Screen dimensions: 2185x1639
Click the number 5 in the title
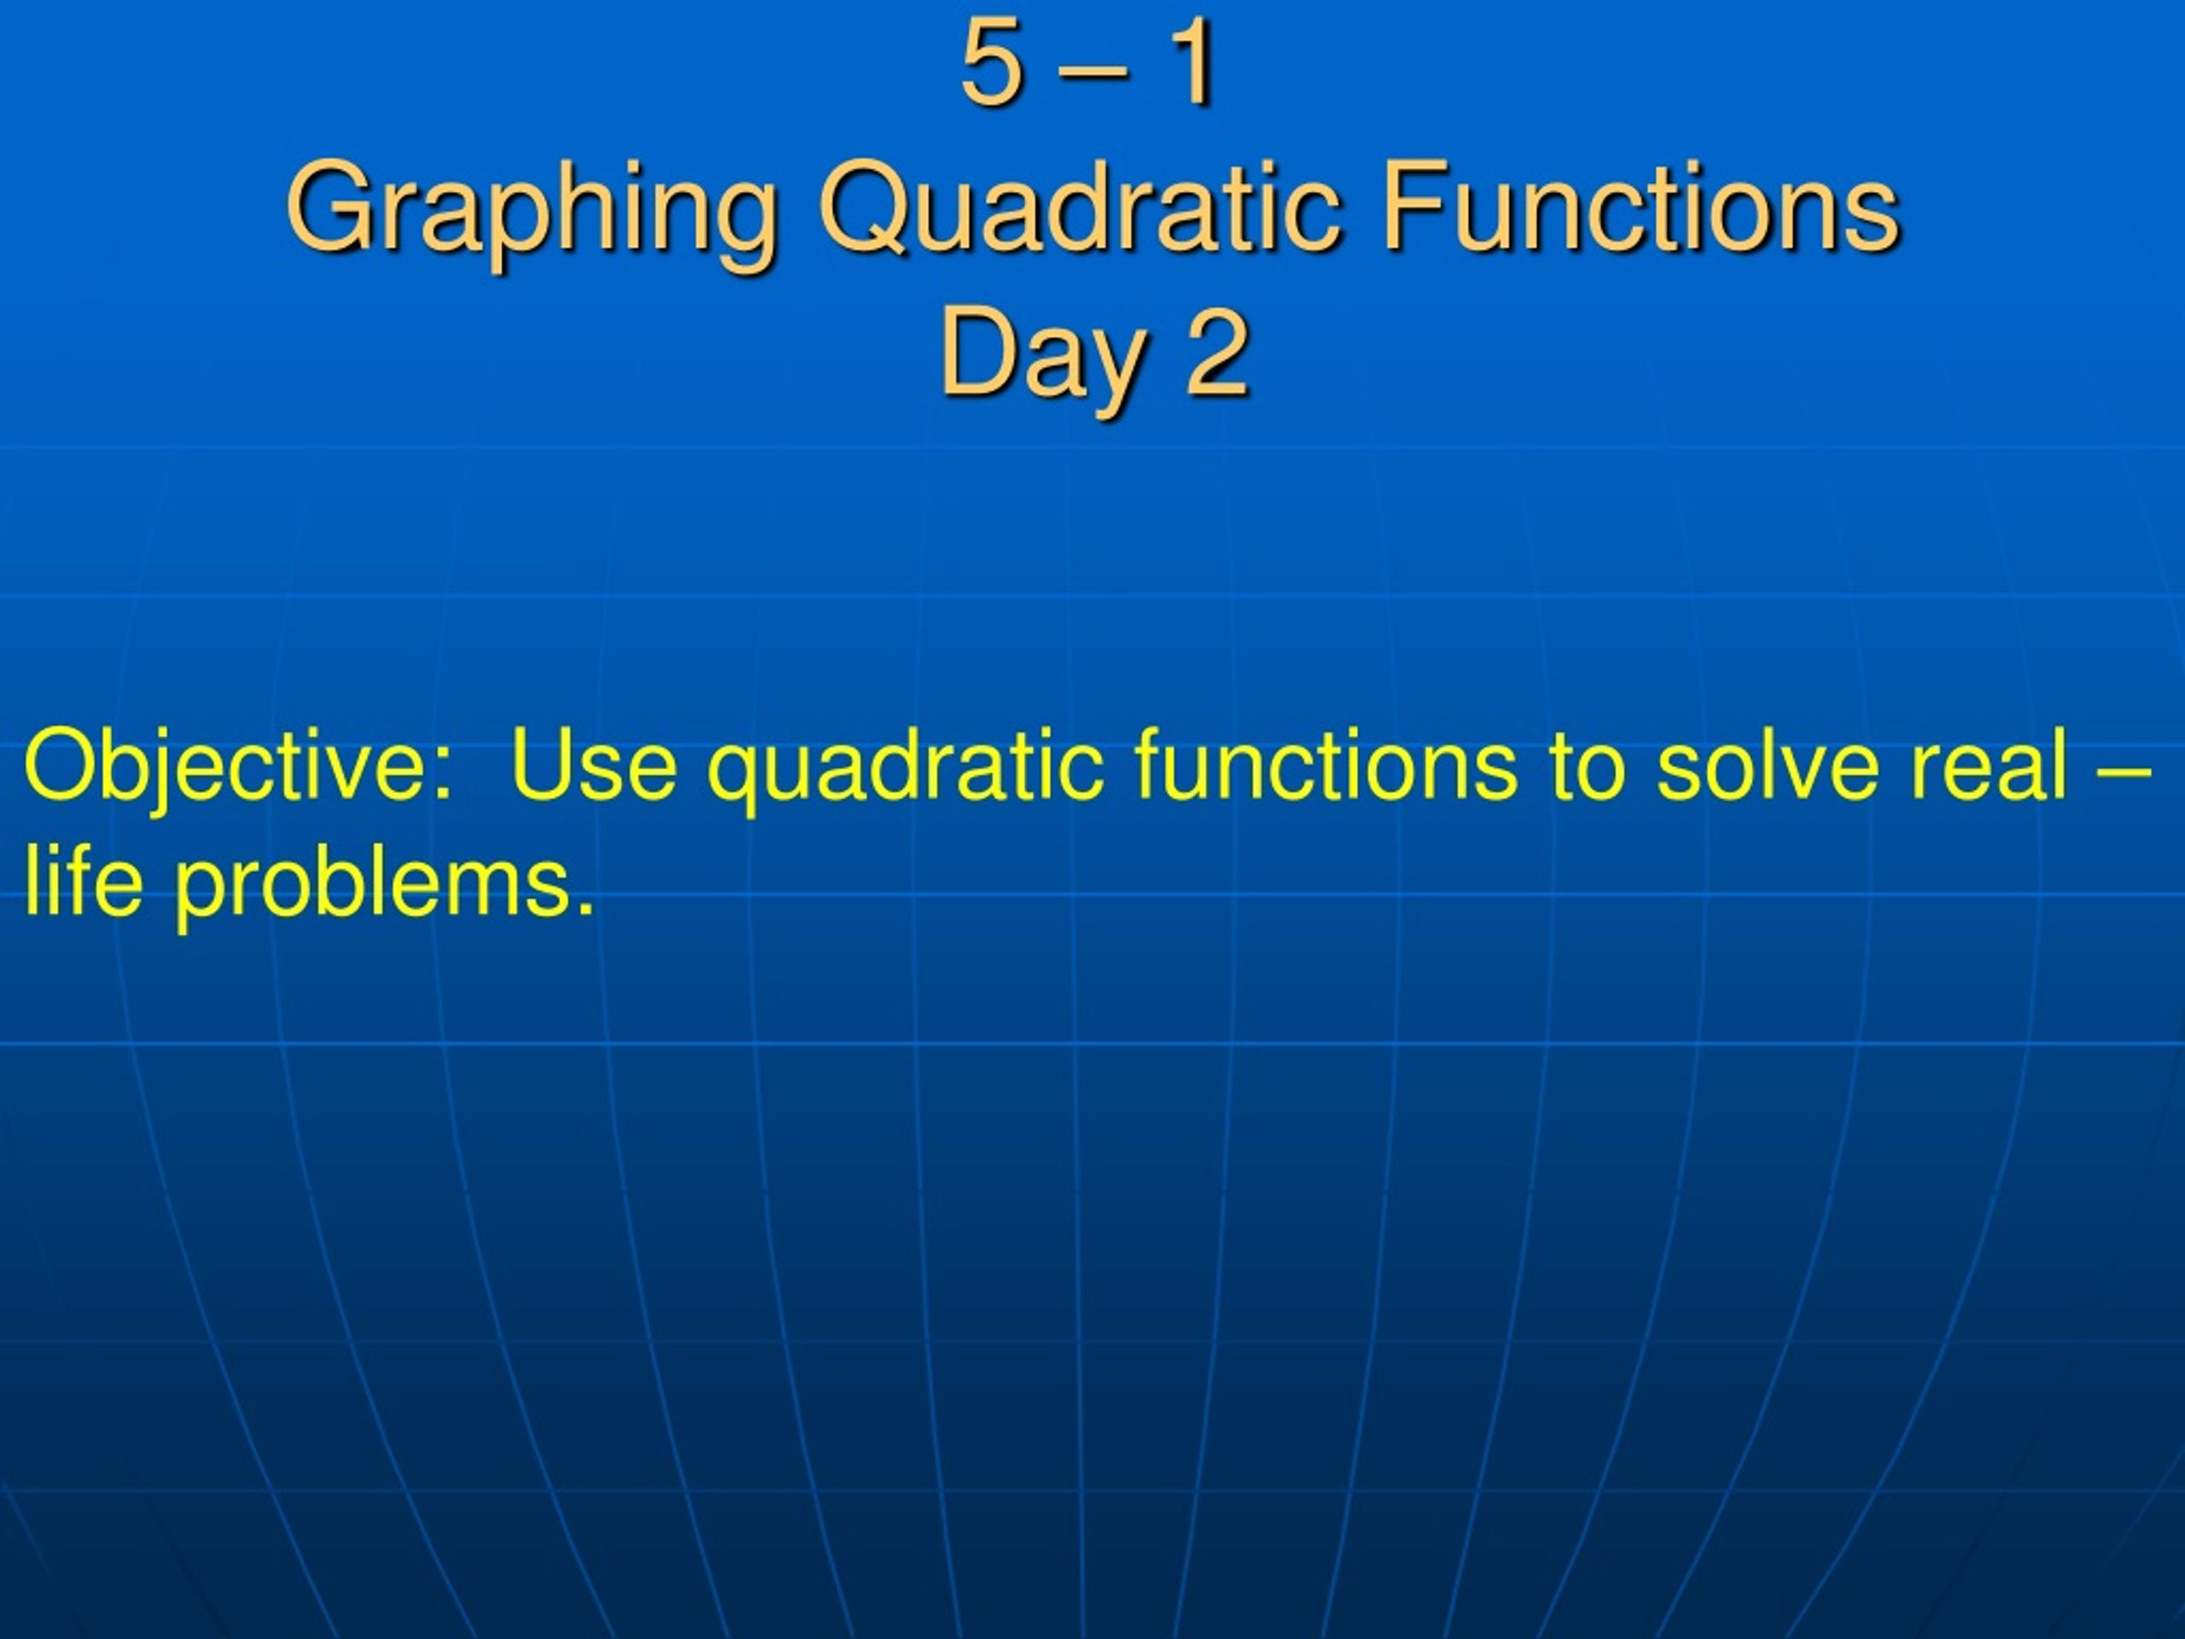991,64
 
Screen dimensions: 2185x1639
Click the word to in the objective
1587,766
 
